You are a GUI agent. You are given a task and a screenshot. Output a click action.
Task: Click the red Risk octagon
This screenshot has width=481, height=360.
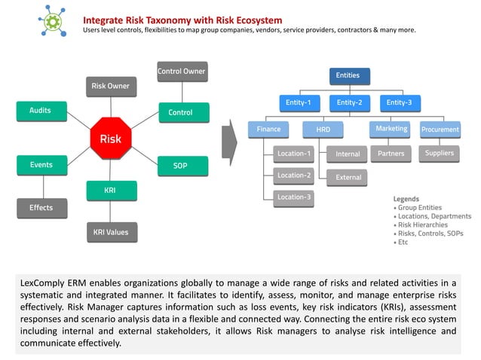pos(105,139)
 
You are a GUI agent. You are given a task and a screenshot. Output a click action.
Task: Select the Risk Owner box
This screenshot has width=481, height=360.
pos(110,87)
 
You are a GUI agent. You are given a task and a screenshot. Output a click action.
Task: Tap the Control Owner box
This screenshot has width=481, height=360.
pos(181,72)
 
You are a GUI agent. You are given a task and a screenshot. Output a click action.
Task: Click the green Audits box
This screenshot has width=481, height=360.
pos(41,111)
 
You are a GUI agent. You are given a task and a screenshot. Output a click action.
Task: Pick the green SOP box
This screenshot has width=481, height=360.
pos(180,166)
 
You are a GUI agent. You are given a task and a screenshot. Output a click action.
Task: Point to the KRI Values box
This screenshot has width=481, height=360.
pos(110,232)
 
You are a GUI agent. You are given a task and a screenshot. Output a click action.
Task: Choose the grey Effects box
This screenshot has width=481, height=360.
pos(41,208)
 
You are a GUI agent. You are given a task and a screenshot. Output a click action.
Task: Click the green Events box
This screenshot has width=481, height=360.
pos(41,164)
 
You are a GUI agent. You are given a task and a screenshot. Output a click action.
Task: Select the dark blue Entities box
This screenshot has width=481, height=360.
pos(348,76)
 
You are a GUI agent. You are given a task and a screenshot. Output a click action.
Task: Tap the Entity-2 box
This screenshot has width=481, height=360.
pos(349,102)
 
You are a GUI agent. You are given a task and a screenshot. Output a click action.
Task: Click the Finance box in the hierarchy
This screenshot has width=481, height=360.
pos(268,130)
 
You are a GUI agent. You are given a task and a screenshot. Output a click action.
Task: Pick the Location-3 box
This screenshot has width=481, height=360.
pos(294,197)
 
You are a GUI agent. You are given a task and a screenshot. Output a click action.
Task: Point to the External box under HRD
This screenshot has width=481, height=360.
pos(348,178)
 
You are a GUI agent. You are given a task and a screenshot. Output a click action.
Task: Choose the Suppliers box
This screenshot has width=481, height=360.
pos(440,154)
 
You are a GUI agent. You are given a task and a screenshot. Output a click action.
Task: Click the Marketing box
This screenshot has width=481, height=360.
pos(391,130)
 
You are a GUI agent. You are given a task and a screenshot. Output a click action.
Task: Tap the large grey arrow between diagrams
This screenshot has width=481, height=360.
pos(231,139)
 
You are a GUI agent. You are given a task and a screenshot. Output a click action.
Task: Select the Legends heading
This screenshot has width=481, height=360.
pos(406,199)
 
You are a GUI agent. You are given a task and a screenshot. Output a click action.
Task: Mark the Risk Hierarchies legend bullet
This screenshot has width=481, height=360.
pos(421,224)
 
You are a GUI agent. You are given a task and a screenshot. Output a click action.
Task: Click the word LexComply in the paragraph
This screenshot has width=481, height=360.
pos(43,282)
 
